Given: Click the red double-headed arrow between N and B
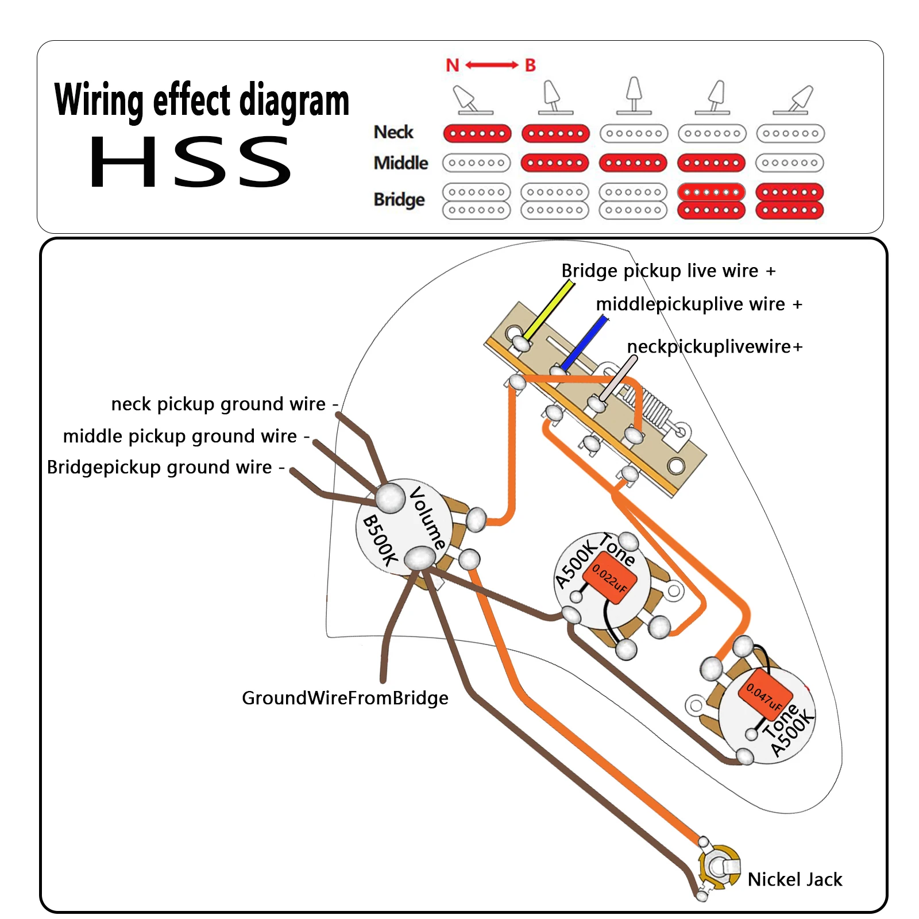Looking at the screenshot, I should (x=491, y=65).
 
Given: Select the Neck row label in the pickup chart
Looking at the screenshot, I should (x=393, y=132).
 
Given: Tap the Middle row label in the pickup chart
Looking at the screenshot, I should (x=400, y=163).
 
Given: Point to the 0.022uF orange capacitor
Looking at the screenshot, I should (x=609, y=577).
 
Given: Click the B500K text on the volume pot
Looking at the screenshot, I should (x=380, y=540).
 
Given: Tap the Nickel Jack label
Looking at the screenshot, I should (x=794, y=879).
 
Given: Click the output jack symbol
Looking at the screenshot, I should (x=718, y=867).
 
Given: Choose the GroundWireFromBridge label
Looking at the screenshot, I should (x=345, y=698).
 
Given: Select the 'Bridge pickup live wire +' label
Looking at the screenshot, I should (x=668, y=271).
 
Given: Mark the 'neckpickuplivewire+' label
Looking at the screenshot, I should (x=715, y=346).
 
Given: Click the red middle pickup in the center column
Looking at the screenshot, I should (x=633, y=163).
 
